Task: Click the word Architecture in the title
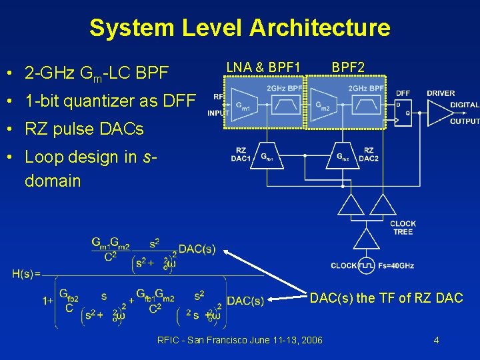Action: [x=319, y=28]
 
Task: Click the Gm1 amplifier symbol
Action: [x=242, y=105]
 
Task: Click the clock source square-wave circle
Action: [x=366, y=265]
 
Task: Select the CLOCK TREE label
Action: [x=403, y=227]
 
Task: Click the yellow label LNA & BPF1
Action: [x=263, y=67]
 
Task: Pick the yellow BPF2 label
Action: [x=348, y=67]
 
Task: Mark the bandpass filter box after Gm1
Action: [x=285, y=105]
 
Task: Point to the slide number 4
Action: [x=436, y=340]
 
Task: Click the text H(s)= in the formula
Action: [x=26, y=273]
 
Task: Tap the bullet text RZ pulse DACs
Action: [x=84, y=129]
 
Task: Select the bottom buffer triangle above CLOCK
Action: [x=366, y=238]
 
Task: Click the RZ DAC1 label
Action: [x=240, y=155]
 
